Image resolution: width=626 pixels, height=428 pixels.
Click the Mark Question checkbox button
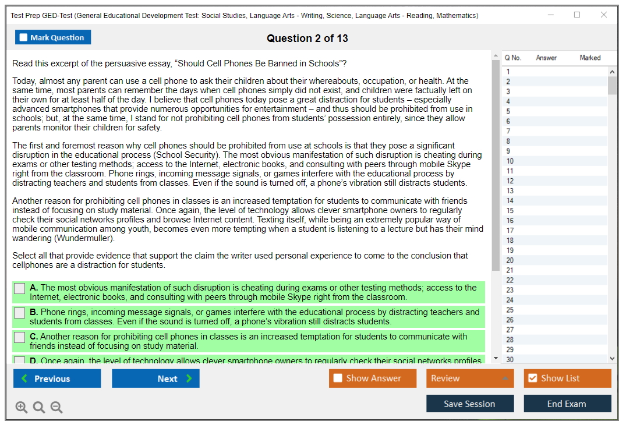tap(53, 37)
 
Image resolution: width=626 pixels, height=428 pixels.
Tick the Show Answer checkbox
tap(338, 379)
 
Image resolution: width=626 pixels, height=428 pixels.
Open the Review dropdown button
tap(469, 379)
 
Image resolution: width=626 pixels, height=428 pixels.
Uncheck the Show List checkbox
tap(532, 379)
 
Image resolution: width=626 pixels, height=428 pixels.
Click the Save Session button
tap(469, 404)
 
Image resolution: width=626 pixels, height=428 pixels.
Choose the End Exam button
tap(567, 404)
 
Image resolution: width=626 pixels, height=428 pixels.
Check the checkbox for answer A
tap(20, 288)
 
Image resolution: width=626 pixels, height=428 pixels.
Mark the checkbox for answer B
tap(20, 313)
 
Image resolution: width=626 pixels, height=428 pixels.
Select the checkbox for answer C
tap(20, 337)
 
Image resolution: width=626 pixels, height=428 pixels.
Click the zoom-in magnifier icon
tap(22, 408)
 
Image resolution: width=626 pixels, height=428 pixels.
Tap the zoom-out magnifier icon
tap(56, 408)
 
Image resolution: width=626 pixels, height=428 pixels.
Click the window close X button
tap(604, 15)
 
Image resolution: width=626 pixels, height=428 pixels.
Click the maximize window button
tap(577, 15)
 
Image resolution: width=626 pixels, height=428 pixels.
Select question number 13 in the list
tap(510, 191)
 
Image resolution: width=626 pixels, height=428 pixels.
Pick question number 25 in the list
tap(510, 310)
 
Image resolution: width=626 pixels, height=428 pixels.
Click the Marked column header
tap(590, 58)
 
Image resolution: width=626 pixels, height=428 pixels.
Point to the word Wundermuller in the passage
tap(84, 238)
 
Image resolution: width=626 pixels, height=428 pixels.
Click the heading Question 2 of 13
tap(307, 38)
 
